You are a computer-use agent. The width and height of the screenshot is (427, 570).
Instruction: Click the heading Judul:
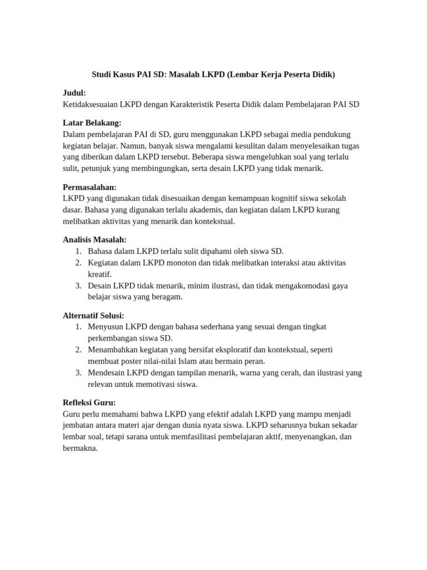coord(75,92)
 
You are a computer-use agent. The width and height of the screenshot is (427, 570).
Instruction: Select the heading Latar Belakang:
coord(92,122)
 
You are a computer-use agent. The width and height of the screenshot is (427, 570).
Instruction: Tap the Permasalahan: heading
coord(90,187)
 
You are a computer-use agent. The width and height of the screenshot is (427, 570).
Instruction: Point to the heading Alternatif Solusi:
coord(93,315)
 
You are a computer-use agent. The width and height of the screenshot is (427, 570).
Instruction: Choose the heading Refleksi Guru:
coord(90,402)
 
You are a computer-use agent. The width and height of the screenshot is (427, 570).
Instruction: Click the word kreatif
coord(100,274)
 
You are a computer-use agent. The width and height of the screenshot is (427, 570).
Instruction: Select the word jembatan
coord(80,425)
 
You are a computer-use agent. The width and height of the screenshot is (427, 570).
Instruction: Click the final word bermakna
coord(80,448)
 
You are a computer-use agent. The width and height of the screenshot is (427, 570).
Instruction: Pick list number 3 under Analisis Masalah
coord(78,286)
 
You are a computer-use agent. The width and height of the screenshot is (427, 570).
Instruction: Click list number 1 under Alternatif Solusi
coord(78,326)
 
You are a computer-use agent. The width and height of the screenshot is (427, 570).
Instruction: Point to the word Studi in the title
coord(102,74)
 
